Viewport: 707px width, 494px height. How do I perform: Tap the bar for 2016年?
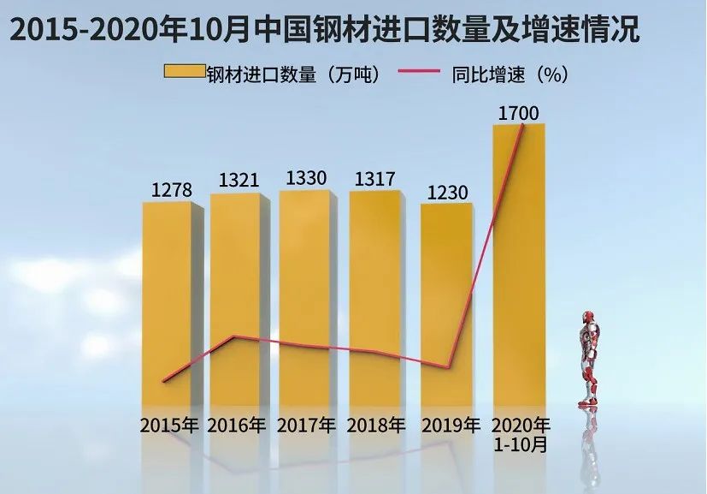(x=235, y=300)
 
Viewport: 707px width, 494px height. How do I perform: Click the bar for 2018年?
(x=374, y=300)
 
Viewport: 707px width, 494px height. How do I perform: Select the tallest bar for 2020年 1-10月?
(x=518, y=265)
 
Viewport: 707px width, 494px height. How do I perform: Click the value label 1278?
(x=172, y=188)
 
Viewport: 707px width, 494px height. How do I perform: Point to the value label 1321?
(x=240, y=180)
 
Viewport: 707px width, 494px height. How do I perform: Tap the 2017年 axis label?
(x=307, y=426)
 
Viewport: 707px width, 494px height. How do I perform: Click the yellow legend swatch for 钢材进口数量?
(x=185, y=74)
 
